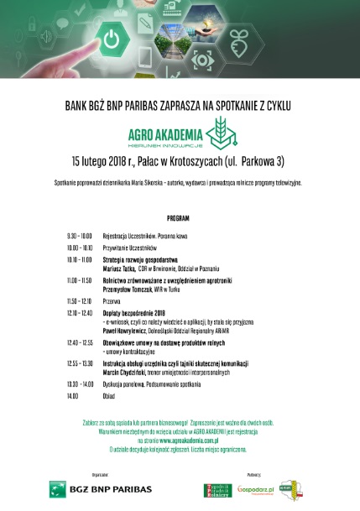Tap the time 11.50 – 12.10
click(79, 300)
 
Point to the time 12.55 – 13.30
click(80, 362)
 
